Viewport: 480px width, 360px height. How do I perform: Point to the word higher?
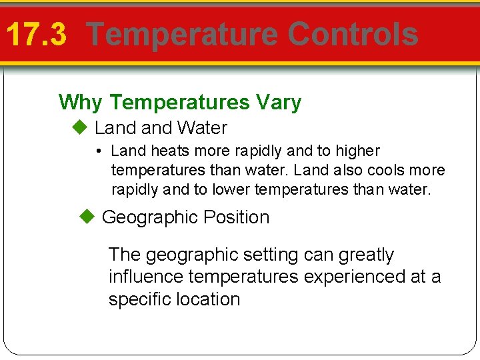(x=357, y=151)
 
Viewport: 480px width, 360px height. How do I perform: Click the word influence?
(x=146, y=277)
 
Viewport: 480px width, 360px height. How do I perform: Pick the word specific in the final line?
(x=139, y=299)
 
